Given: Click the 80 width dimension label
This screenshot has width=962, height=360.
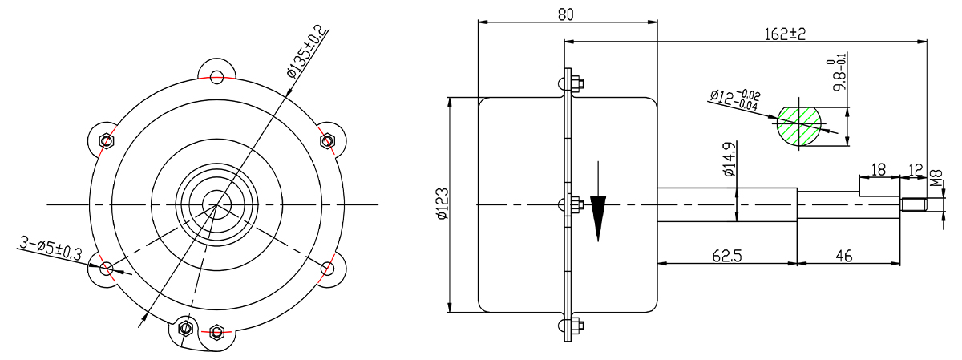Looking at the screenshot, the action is pos(566,14).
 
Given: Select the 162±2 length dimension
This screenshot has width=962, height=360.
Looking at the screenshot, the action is pos(785,34).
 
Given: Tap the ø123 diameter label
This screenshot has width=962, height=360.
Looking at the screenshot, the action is pos(443,204).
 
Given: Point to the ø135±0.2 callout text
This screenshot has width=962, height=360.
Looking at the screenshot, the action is pos(305,51).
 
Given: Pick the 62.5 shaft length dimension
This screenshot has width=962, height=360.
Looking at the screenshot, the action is pos(726,256).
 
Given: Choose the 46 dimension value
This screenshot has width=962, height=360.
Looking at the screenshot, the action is pos(844,256).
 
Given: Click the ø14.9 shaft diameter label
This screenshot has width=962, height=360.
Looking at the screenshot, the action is pos(730,159).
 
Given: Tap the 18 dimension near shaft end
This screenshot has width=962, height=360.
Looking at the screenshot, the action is pos(879,170).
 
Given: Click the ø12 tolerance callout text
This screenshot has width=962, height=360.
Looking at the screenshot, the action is pos(735,100).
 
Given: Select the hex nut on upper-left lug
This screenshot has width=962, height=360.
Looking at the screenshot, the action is pos(106,140).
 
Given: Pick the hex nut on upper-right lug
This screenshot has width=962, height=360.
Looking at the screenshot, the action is pos(328,140).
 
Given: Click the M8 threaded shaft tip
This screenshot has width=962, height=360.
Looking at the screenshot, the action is pos(913,204).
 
